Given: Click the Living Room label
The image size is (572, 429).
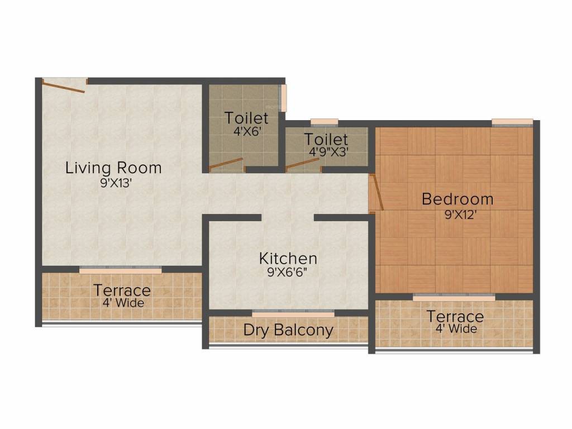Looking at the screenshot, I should click(113, 168).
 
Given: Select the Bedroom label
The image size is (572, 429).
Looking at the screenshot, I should click(457, 199).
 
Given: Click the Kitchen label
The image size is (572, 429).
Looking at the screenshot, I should click(288, 259).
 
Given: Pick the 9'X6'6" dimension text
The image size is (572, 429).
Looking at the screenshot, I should click(288, 274).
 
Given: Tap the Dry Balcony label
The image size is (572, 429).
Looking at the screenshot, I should click(288, 330).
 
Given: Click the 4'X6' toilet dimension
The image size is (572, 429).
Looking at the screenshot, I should click(246, 133).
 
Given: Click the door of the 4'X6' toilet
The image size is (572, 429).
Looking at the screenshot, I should click(226, 165).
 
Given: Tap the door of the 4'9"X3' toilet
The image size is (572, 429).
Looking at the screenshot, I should click(303, 164).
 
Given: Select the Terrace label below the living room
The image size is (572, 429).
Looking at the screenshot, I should click(122, 290).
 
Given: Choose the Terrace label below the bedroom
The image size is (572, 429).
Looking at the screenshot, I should click(455, 316).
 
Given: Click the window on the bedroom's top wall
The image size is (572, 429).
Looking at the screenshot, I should click(512, 122).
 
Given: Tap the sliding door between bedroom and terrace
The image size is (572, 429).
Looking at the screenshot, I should click(454, 298).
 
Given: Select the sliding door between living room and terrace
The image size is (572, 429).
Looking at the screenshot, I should click(120, 270).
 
